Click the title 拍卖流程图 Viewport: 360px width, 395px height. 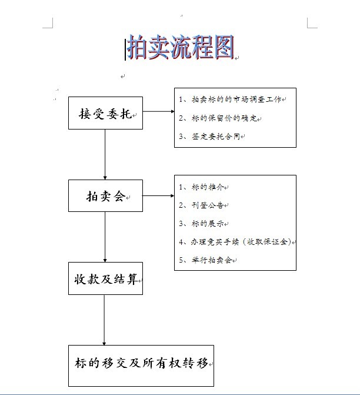tap(181, 47)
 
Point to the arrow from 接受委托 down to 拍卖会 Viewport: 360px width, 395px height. tap(105, 154)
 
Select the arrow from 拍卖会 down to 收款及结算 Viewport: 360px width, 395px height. tap(105, 237)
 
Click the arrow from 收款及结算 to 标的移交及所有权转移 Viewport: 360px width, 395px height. tap(104, 320)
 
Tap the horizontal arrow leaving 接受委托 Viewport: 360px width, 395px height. tap(159, 111)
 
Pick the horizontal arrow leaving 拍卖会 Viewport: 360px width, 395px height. tap(158, 196)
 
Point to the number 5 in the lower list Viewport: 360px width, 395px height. tap(181, 260)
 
